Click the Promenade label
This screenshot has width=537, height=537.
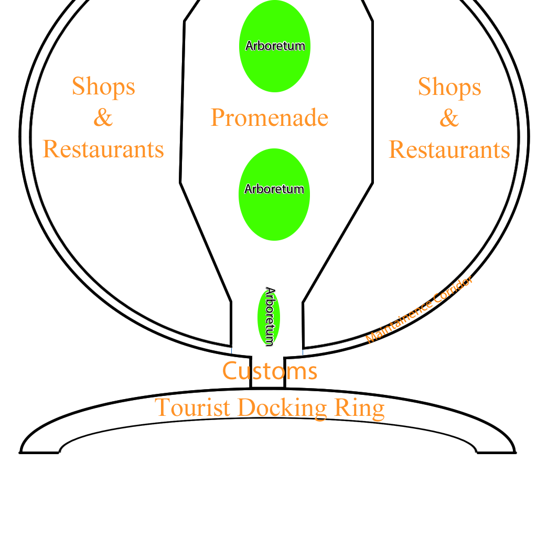point(270,118)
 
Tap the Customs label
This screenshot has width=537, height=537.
point(270,371)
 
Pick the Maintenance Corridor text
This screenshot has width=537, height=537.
point(419,310)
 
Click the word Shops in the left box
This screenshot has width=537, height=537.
point(103,87)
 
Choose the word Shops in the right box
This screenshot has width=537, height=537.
point(449,87)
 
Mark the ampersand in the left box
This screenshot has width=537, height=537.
point(103,118)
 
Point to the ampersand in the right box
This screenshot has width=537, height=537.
point(449,118)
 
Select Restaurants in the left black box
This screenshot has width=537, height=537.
point(103,149)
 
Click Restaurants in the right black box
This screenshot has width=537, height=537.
point(449,150)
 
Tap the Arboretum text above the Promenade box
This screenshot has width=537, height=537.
point(275,46)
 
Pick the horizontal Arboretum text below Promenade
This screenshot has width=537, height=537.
point(274,189)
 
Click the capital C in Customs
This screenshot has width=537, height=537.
point(230,371)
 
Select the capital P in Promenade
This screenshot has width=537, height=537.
point(218,117)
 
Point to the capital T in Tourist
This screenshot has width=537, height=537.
point(162,407)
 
